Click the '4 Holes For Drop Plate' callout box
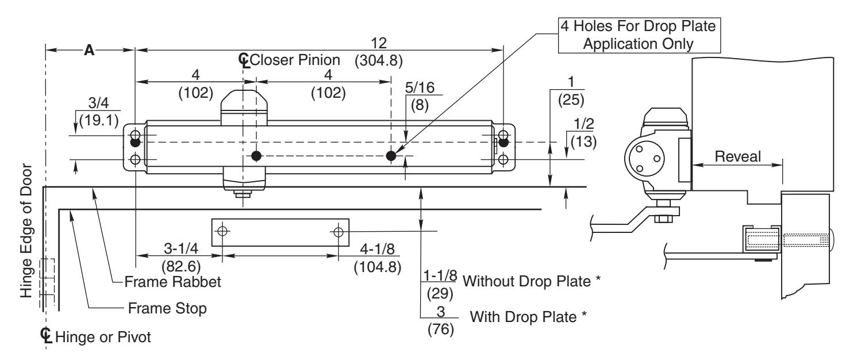pyautogui.click(x=639, y=35)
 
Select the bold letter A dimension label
pyautogui.click(x=89, y=50)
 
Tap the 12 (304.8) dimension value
pyautogui.click(x=379, y=52)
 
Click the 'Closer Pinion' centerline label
pyautogui.click(x=295, y=60)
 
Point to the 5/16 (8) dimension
pyautogui.click(x=420, y=96)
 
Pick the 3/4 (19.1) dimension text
pyautogui.click(x=99, y=112)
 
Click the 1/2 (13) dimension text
pyautogui.click(x=584, y=133)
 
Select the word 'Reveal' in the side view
pyautogui.click(x=737, y=156)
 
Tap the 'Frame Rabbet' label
pyautogui.click(x=172, y=282)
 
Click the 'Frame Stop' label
pyautogui.click(x=167, y=308)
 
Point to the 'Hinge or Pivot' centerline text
pyautogui.click(x=103, y=338)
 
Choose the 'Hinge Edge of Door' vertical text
pyautogui.click(x=26, y=231)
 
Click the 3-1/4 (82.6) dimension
pyautogui.click(x=181, y=257)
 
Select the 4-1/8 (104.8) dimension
pyautogui.click(x=378, y=258)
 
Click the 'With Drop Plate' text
pyautogui.click(x=528, y=317)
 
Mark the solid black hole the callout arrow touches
pyautogui.click(x=391, y=156)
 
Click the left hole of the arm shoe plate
pyautogui.click(x=222, y=231)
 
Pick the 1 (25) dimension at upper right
pyautogui.click(x=571, y=91)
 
